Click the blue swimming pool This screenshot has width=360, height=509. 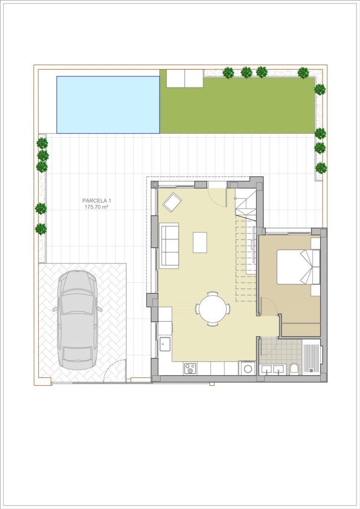coord(108,104)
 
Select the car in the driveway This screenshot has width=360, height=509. coord(78,320)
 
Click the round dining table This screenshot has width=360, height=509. coord(213,308)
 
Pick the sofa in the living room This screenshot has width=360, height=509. coord(170,246)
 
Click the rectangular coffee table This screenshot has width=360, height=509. coord(200,242)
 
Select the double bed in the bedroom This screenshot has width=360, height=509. coord(298,266)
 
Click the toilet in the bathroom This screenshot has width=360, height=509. coord(294,368)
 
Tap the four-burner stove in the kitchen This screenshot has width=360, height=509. coord(190,369)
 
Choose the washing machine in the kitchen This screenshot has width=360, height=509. coord(248,368)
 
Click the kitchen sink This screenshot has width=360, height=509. coord(165,344)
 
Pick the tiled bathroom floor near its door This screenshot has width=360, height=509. coord(269,346)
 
